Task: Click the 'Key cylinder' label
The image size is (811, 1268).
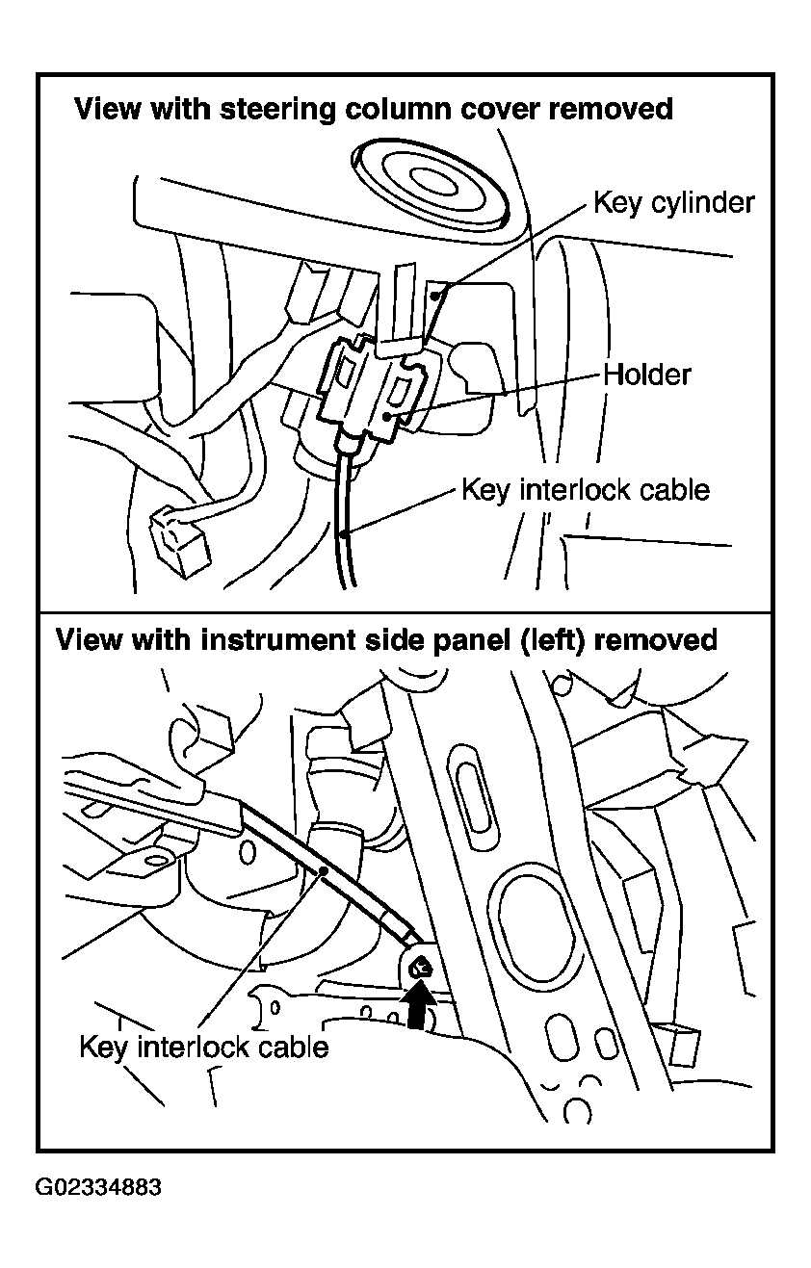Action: (673, 202)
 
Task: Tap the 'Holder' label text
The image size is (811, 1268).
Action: (646, 375)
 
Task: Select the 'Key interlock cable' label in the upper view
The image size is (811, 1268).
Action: (585, 490)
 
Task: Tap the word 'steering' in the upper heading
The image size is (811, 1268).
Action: (277, 109)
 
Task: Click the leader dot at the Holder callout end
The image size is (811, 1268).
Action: (387, 417)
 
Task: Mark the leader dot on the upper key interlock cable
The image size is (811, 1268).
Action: (343, 533)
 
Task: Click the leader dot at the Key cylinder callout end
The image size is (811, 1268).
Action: (433, 295)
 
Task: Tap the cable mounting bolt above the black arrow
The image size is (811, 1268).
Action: (420, 967)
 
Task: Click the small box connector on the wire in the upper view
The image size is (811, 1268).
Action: (180, 542)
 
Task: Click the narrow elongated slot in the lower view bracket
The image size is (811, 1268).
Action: (474, 790)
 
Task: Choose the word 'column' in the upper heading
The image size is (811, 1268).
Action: (398, 109)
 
